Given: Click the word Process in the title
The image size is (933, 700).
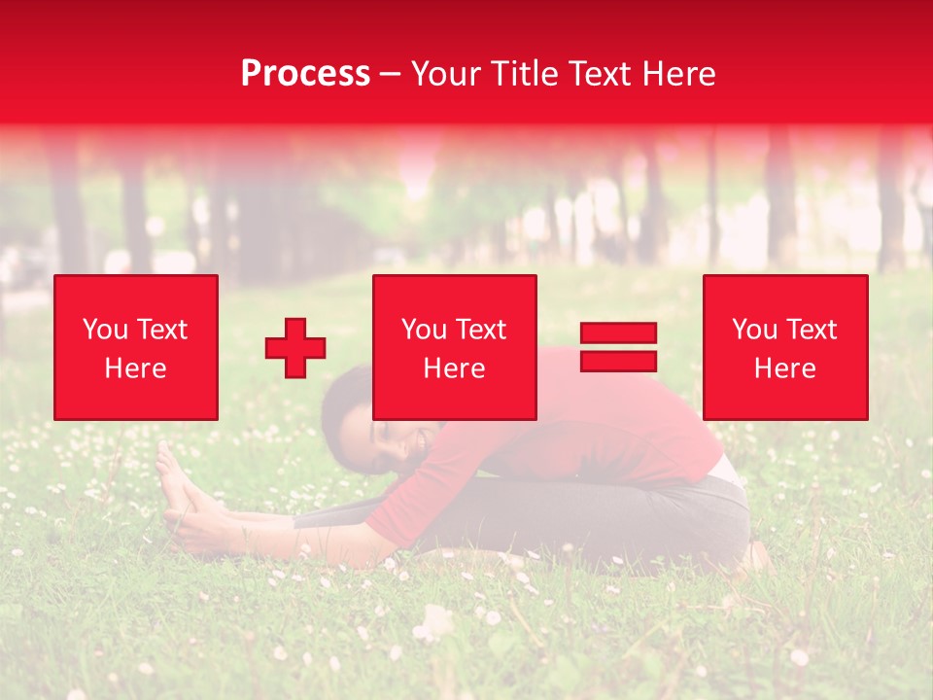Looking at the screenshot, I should click(305, 74).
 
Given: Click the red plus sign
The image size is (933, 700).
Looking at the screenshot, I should click(295, 347).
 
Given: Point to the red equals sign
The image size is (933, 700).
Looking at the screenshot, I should click(618, 347).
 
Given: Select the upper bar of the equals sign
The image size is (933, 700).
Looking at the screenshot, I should click(618, 332).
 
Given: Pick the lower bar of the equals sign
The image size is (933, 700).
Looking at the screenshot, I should click(618, 361).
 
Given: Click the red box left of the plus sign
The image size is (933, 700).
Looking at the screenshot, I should click(135, 347).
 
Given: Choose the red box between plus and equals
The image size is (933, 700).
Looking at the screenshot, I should click(454, 347).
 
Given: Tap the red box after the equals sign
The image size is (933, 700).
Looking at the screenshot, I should click(784, 347).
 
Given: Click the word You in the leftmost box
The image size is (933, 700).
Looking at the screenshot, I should click(104, 329).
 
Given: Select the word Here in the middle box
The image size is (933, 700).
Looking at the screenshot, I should click(454, 367).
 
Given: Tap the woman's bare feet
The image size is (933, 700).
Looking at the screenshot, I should click(175, 481).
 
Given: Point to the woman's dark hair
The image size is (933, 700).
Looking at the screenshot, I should click(340, 408).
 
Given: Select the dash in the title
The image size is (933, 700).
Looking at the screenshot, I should click(391, 75).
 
